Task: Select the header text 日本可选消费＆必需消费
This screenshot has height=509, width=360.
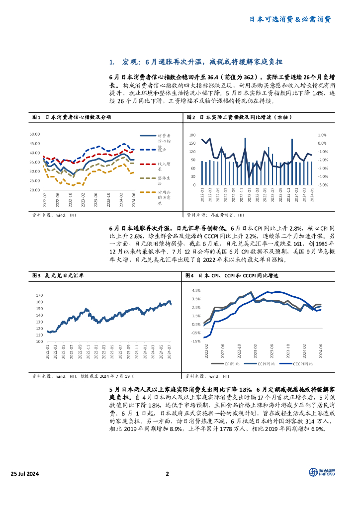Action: coord(290,19)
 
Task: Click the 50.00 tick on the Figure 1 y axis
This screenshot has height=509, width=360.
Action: coord(34,134)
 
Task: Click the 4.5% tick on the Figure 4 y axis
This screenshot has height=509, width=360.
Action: coord(195,290)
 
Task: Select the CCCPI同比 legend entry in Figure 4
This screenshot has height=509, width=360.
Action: coord(298,363)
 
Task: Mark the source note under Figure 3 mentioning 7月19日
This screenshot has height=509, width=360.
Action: coord(83,377)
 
